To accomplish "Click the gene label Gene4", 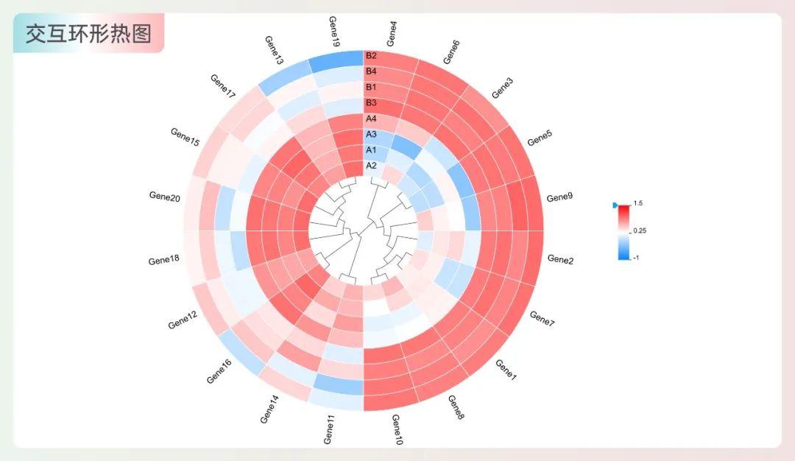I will click(392, 33).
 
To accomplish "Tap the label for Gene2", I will click(561, 259).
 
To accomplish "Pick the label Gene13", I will click(273, 50).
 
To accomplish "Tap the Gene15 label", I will click(185, 136).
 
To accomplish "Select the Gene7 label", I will click(543, 319).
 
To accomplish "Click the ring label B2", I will click(371, 56).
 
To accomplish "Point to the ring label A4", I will click(371, 119).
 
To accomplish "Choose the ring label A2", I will click(371, 166).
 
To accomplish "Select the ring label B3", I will click(371, 102).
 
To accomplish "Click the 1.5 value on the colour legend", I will click(638, 203).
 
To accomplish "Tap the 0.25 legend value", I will click(640, 230).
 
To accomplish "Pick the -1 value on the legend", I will click(637, 257).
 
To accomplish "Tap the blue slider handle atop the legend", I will click(615, 207).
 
